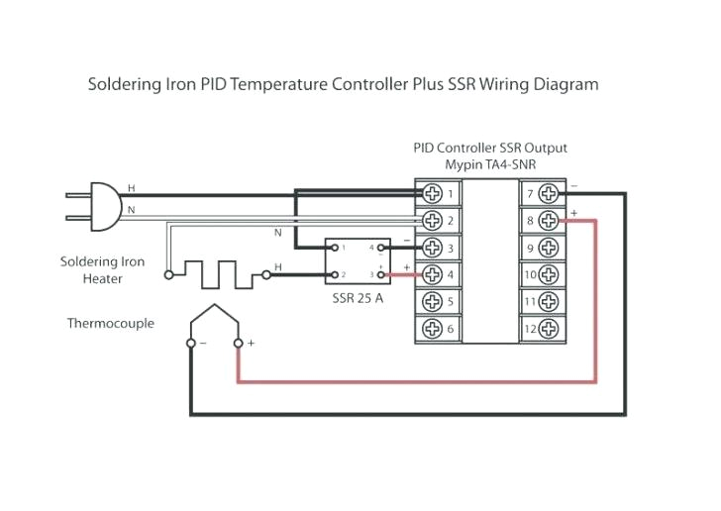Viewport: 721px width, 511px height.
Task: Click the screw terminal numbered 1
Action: pos(432,193)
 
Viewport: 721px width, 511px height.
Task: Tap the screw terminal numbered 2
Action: pos(432,220)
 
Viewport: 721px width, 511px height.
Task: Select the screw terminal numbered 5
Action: pos(432,301)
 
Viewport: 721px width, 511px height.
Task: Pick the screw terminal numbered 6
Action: pos(432,328)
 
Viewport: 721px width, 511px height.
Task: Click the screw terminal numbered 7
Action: pos(544,193)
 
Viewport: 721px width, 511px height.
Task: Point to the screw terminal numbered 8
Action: pos(544,220)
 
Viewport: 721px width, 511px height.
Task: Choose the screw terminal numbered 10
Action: pos(544,274)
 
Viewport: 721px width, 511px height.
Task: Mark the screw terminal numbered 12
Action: pos(544,328)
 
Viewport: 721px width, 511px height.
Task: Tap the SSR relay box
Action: pos(357,259)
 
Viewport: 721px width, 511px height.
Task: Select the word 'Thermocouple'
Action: pos(110,323)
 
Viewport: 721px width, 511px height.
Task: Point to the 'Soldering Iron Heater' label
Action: pos(102,270)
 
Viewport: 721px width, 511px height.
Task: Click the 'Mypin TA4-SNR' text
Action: pos(490,164)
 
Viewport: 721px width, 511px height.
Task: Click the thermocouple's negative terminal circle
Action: pos(190,343)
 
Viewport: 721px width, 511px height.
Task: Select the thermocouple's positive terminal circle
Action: pos(238,343)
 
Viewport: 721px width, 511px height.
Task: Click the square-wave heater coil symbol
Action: pos(220,273)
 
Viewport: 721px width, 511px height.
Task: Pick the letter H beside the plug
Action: pos(132,187)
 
